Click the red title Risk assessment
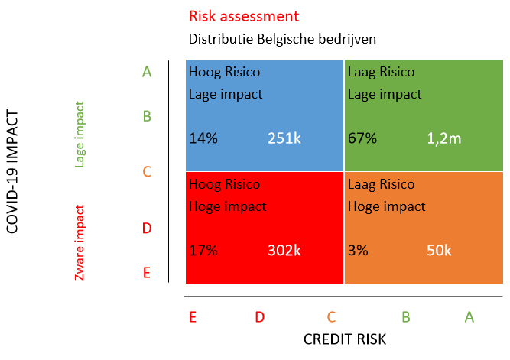(243, 16)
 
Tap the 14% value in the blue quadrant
(203, 138)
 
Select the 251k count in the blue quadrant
(284, 138)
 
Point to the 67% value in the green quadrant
(362, 138)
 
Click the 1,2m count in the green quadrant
(443, 138)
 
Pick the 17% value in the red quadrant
(203, 250)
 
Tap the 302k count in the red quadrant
(284, 250)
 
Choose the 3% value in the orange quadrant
(359, 250)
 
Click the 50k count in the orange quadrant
(440, 250)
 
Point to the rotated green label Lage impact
(80, 134)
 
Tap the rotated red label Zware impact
(80, 242)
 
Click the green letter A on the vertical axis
(147, 72)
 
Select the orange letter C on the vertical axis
(147, 172)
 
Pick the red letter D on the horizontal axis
(260, 316)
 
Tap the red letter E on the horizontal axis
(193, 316)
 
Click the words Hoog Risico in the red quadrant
(224, 185)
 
